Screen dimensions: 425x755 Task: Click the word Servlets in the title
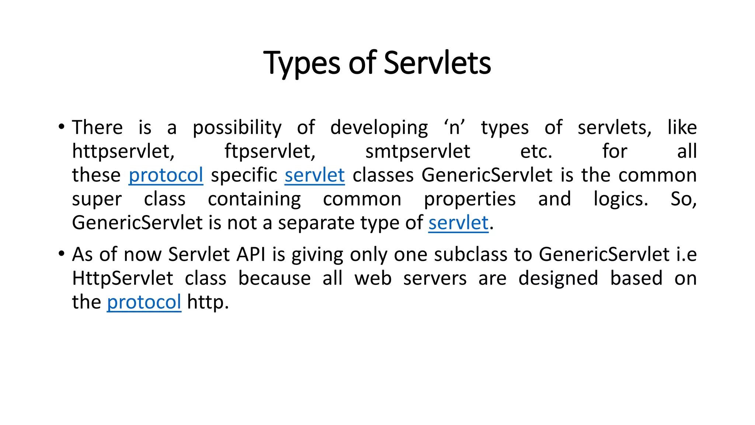pyautogui.click(x=437, y=63)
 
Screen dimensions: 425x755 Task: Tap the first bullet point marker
pyautogui.click(x=62, y=127)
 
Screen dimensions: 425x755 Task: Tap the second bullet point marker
pyautogui.click(x=62, y=254)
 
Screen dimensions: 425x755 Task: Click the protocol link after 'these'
pyautogui.click(x=166, y=175)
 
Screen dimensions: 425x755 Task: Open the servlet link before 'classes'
pyautogui.click(x=314, y=175)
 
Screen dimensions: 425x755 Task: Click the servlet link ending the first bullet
pyautogui.click(x=458, y=223)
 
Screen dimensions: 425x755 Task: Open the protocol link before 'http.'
pyautogui.click(x=144, y=302)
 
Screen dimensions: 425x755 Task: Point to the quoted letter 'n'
pyautogui.click(x=455, y=128)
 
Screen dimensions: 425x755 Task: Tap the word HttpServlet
pyautogui.click(x=122, y=278)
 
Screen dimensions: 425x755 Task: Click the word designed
pyautogui.click(x=558, y=279)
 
